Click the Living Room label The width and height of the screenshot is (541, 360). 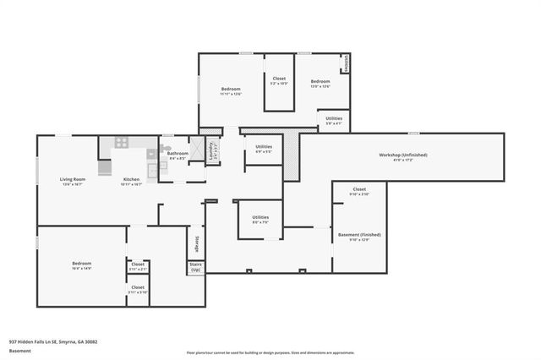[x=72, y=179]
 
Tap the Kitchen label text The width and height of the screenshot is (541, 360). [x=131, y=179]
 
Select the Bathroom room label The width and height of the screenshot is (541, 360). [x=178, y=154]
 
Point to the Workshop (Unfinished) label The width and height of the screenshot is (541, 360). [x=402, y=155]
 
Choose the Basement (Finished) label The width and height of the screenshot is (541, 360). [x=359, y=234]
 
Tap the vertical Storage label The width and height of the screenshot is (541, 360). [x=197, y=243]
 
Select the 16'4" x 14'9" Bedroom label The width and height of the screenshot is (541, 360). [x=82, y=264]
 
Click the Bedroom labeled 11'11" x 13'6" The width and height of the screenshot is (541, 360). [x=232, y=90]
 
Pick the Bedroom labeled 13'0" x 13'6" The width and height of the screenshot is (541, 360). [x=320, y=83]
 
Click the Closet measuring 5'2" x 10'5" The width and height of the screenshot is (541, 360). [x=279, y=79]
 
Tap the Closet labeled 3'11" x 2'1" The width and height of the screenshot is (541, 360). [x=137, y=265]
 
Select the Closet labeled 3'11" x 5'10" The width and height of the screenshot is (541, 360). [x=137, y=288]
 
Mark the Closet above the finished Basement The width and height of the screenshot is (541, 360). [x=359, y=190]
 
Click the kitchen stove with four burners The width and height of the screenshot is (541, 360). [x=121, y=143]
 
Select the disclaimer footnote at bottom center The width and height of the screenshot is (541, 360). [x=270, y=352]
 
